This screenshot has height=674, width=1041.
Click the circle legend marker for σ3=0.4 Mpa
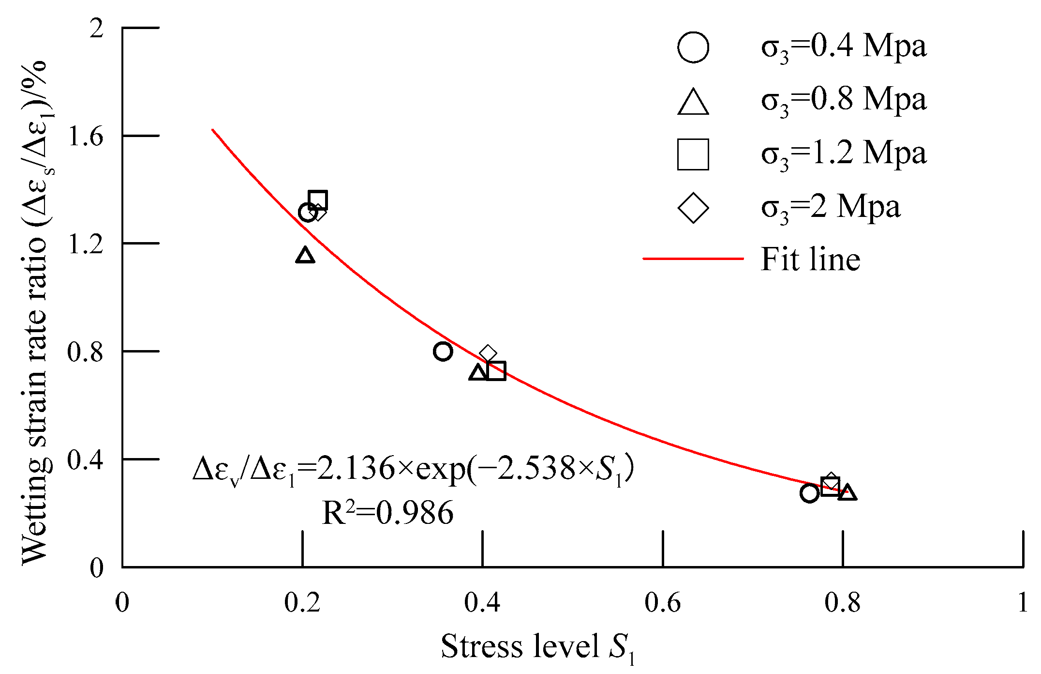pyautogui.click(x=693, y=47)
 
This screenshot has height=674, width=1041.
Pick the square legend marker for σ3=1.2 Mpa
pyautogui.click(x=693, y=154)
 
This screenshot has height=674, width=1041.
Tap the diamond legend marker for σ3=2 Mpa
pyautogui.click(x=693, y=208)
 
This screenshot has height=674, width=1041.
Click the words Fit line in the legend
pyautogui.click(x=810, y=259)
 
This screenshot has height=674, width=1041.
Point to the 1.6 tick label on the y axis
pyautogui.click(x=86, y=137)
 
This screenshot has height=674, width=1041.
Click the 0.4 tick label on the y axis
pyautogui.click(x=86, y=460)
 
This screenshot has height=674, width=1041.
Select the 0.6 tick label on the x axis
pyautogui.click(x=662, y=603)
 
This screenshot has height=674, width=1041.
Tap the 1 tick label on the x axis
pyautogui.click(x=1022, y=603)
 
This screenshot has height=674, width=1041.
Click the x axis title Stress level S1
pyautogui.click(x=537, y=647)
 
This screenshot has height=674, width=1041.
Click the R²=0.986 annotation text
pyautogui.click(x=387, y=513)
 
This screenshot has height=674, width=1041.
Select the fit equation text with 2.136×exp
pyautogui.click(x=414, y=469)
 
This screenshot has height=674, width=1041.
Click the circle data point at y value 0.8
pyautogui.click(x=443, y=351)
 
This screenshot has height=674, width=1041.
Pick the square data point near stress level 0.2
pyautogui.click(x=318, y=200)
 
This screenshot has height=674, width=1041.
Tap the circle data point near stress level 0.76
pyautogui.click(x=809, y=493)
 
